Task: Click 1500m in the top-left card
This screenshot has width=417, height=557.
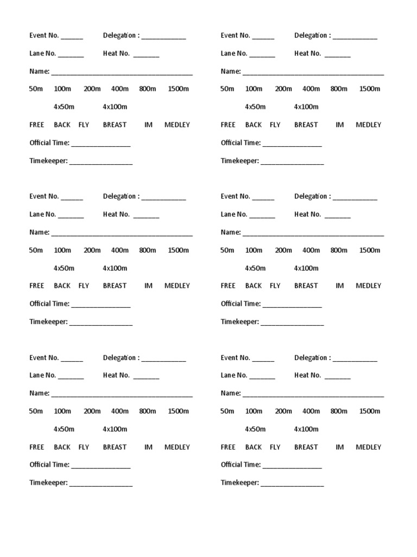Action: coord(179,89)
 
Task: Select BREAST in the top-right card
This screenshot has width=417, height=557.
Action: coord(306,125)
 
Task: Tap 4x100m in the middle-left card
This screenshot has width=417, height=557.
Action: coord(115,268)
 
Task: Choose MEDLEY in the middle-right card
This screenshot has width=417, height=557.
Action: coord(369,286)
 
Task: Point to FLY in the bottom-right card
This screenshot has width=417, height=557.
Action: coord(275,447)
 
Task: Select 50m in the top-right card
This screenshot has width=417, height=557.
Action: coord(228,89)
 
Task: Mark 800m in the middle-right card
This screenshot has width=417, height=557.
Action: coord(339,250)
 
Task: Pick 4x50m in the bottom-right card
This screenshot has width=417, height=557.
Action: coord(255,429)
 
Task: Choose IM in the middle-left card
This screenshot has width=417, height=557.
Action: coord(148,286)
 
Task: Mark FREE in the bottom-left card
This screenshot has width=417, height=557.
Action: coord(37,447)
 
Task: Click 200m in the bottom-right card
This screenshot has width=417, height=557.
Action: coord(283,411)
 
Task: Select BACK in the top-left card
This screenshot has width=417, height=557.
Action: coord(62,125)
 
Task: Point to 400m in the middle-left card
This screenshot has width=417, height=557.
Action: coord(120,250)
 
